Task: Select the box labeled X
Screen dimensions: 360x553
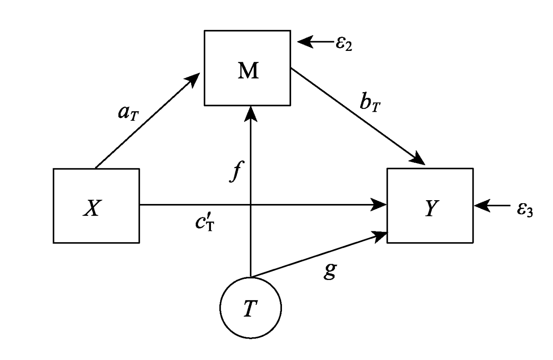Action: (x=96, y=206)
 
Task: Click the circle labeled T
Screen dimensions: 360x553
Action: (x=251, y=308)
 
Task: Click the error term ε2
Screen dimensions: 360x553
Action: (x=343, y=44)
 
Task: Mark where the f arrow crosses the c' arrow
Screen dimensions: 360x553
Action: (x=251, y=205)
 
